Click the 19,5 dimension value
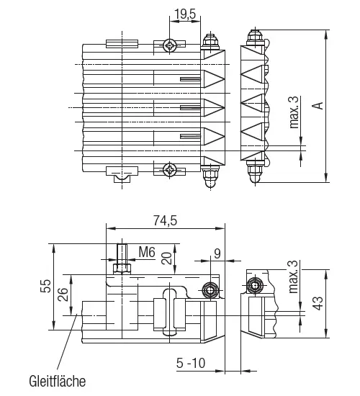185,14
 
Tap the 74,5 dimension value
165,221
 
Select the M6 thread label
147,252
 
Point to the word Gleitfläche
58,381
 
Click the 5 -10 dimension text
191,363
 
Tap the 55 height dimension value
46,286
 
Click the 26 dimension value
63,294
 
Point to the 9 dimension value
217,254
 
